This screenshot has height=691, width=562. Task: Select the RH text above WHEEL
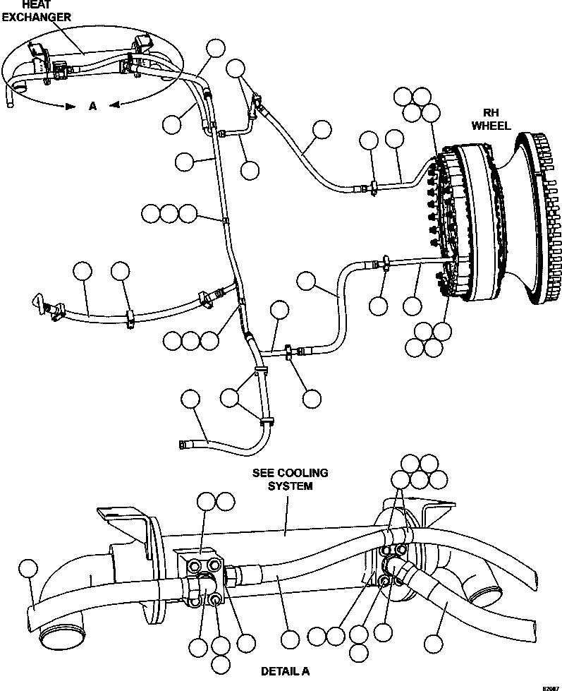tap(490, 113)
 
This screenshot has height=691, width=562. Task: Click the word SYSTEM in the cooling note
tap(290, 486)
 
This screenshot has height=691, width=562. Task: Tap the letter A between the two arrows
tap(92, 106)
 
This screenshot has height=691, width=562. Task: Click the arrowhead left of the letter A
tap(69, 107)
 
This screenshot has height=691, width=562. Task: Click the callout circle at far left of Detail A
tap(28, 568)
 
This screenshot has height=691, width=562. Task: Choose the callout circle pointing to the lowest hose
tap(190, 399)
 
